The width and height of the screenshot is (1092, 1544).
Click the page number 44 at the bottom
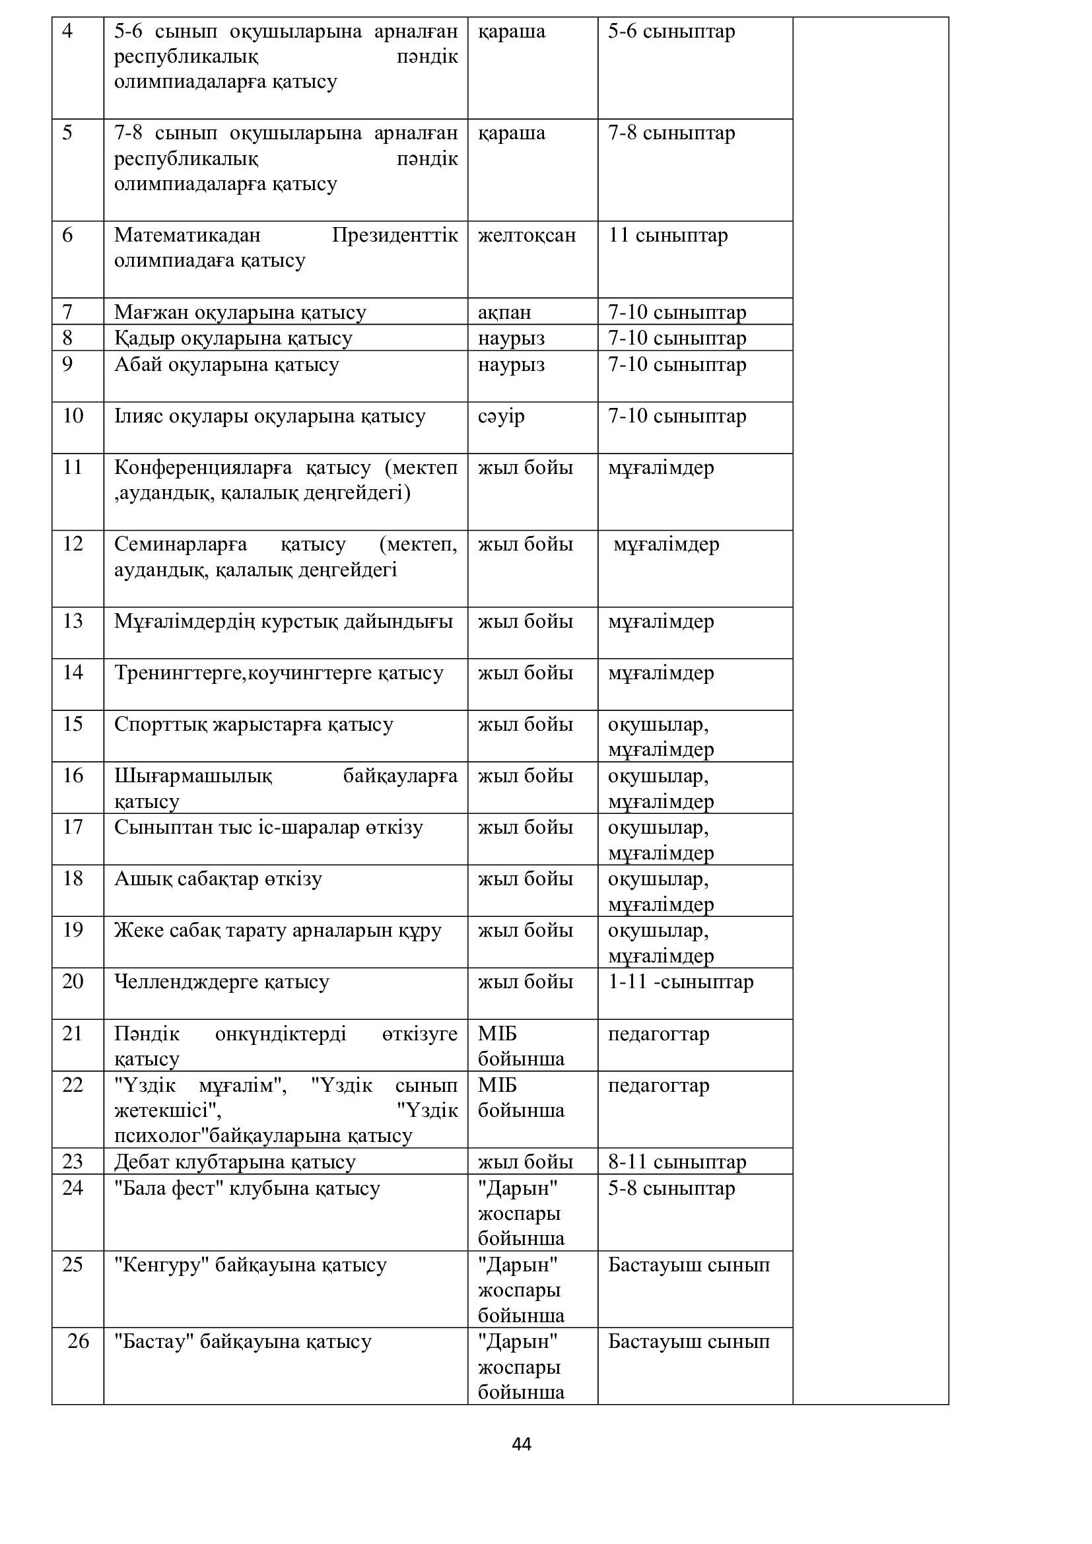[521, 1444]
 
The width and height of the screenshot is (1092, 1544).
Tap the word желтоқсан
[526, 236]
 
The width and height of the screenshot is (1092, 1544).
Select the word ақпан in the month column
[504, 313]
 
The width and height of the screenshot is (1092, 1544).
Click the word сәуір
[501, 417]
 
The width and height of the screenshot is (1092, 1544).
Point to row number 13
[73, 621]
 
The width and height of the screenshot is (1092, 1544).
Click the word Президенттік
[395, 236]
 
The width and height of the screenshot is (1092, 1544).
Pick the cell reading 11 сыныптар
[667, 236]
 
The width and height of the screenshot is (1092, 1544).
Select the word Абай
[137, 364]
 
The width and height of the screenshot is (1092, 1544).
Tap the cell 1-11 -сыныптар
[681, 982]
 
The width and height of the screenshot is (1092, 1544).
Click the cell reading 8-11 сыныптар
[677, 1162]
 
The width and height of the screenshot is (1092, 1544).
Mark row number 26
[78, 1341]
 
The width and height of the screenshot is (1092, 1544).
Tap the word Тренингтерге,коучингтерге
[279, 673]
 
